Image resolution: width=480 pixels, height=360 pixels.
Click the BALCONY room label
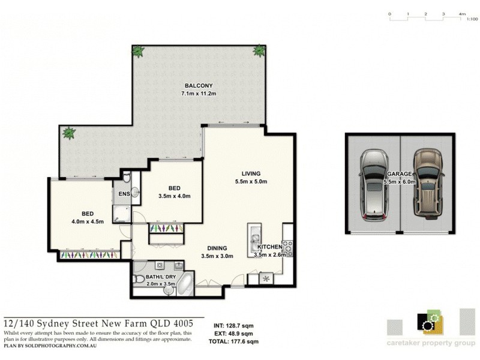[198, 86]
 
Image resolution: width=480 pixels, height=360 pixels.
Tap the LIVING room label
[251, 173]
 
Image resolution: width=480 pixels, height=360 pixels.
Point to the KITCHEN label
[270, 247]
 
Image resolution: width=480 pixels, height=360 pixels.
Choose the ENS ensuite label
[124, 194]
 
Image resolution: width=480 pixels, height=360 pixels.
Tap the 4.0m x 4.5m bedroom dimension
[88, 221]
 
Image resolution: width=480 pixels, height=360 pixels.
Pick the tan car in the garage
[428, 184]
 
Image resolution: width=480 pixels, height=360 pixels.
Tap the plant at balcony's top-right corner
[259, 50]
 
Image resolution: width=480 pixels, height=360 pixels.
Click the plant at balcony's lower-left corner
[69, 133]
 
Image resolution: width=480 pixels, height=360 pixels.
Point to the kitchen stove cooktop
[287, 245]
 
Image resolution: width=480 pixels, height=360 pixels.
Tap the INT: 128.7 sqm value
[235, 328]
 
